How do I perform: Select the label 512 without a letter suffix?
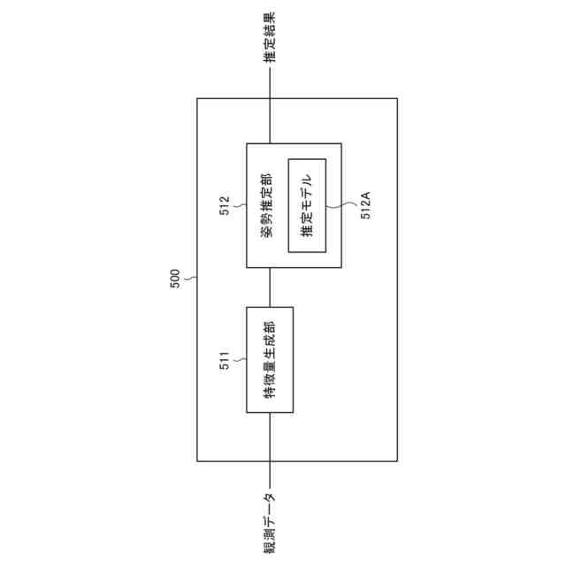coord(225,206)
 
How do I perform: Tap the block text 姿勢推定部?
coord(266,205)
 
